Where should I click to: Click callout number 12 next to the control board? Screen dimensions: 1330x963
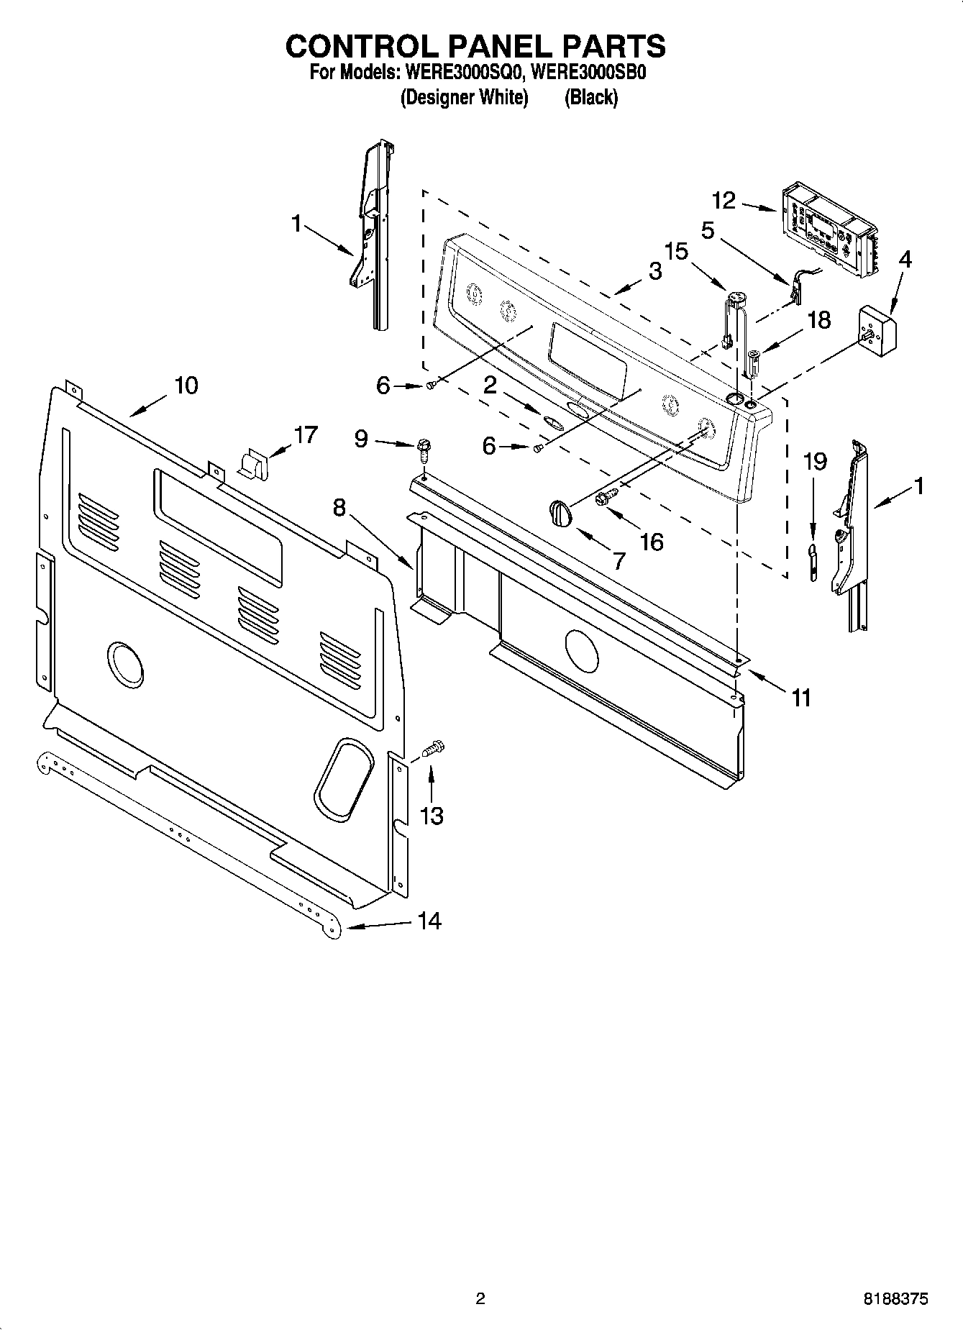coord(724,200)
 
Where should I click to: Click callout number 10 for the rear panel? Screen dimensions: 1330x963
coord(186,386)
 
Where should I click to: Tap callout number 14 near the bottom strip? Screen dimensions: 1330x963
coord(429,921)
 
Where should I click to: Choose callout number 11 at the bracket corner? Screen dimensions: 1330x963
coord(801,697)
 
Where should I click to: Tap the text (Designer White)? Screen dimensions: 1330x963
coord(464,97)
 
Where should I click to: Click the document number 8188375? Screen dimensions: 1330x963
coord(895,1299)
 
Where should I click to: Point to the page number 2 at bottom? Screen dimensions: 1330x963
coord(480,1299)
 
